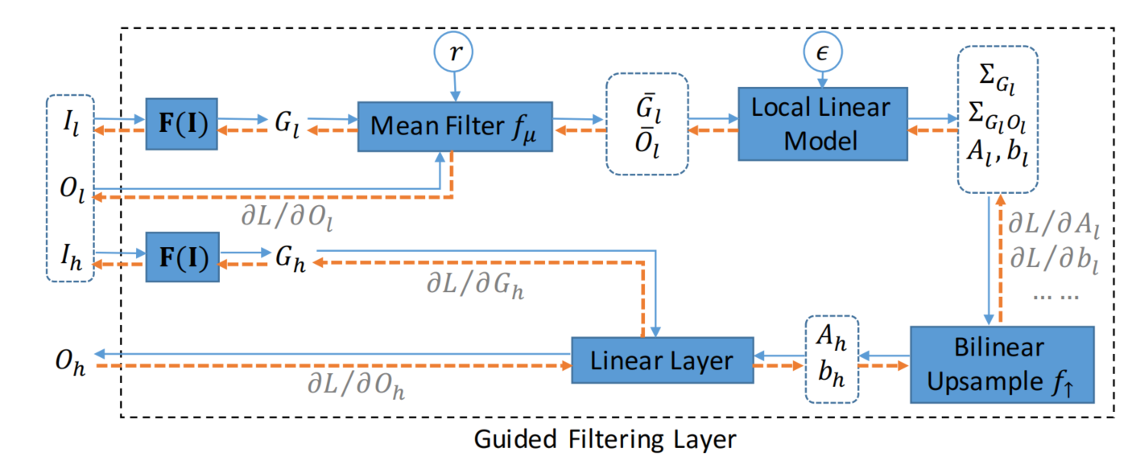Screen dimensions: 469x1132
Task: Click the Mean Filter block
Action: pyautogui.click(x=455, y=126)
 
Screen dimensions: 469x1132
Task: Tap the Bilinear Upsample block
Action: pyautogui.click(x=1002, y=364)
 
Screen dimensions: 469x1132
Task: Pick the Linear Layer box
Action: pyautogui.click(x=662, y=360)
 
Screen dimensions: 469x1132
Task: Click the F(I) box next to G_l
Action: pyautogui.click(x=181, y=125)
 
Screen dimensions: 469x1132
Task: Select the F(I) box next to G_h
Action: pyautogui.click(x=181, y=257)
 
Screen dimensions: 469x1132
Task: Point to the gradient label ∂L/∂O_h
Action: pyautogui.click(x=355, y=385)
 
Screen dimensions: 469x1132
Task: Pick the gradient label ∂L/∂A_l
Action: pyautogui.click(x=1053, y=223)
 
